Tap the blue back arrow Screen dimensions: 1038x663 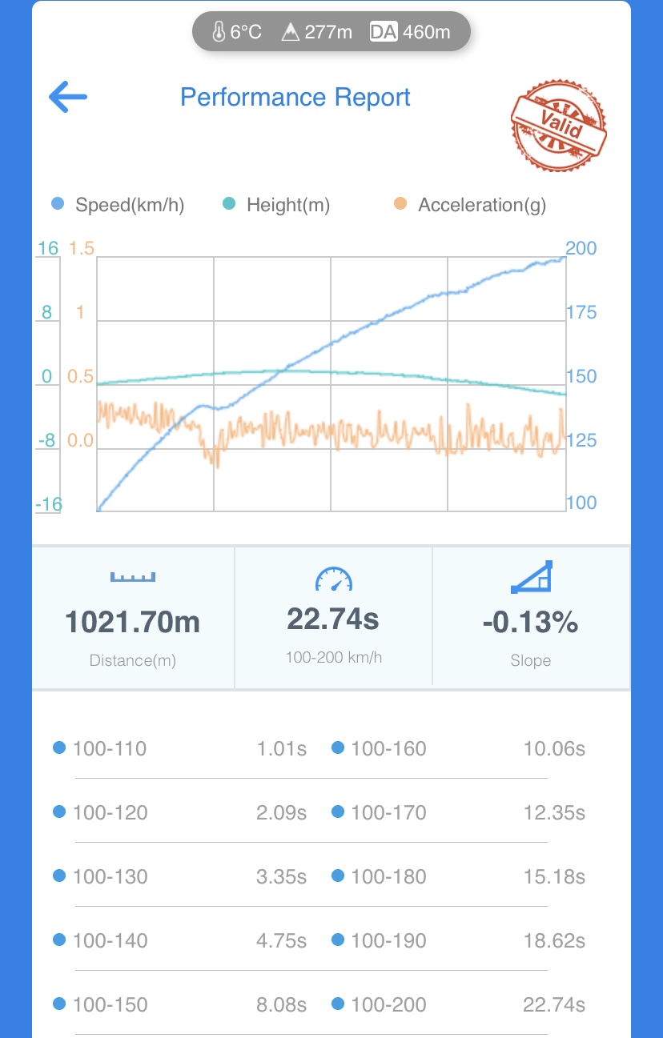coord(68,98)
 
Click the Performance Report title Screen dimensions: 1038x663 coord(295,98)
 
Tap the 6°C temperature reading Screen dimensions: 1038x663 coord(237,32)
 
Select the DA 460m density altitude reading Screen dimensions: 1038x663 coord(410,32)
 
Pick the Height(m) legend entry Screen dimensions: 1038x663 coord(277,205)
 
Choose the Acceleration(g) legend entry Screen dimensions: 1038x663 coord(471,205)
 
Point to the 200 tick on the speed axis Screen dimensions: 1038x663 coord(581,248)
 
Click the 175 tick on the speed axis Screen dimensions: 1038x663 coord(581,312)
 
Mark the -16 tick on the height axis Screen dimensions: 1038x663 coord(48,504)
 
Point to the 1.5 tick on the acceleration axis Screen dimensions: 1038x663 coord(81,248)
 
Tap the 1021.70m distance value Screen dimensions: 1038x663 coord(133,622)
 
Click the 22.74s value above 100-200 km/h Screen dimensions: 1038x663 coord(333,619)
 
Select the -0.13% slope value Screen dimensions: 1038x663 coord(530,622)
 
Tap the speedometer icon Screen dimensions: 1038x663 coord(333,579)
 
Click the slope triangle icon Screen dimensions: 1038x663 coord(531,577)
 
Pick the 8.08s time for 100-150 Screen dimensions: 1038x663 coord(281,1004)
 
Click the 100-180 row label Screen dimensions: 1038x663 coord(388,876)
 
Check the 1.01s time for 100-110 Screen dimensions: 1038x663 coord(281,748)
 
